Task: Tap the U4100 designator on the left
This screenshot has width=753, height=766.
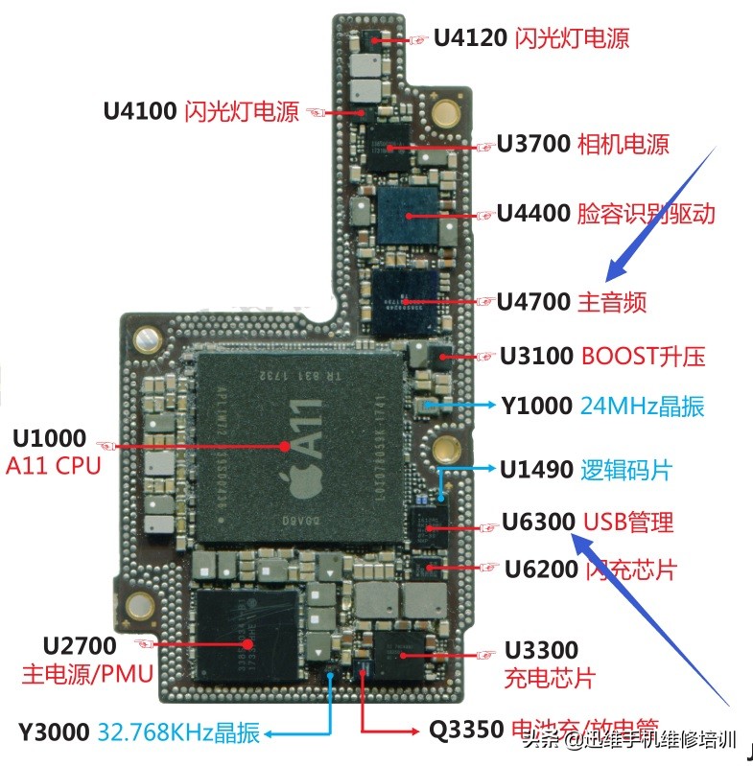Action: click(x=141, y=111)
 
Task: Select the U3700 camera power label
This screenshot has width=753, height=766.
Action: click(x=533, y=144)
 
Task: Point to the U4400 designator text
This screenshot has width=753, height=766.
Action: click(x=533, y=213)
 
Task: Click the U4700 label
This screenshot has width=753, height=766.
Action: click(x=533, y=302)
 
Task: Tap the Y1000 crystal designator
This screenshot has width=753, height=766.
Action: click(x=536, y=406)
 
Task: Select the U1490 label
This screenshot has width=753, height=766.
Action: click(x=535, y=470)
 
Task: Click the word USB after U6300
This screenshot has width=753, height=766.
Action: click(x=604, y=522)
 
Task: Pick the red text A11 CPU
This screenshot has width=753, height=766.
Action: click(x=54, y=467)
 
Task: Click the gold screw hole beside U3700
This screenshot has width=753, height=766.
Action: click(x=443, y=114)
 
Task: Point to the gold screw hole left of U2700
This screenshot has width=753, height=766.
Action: click(x=141, y=604)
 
